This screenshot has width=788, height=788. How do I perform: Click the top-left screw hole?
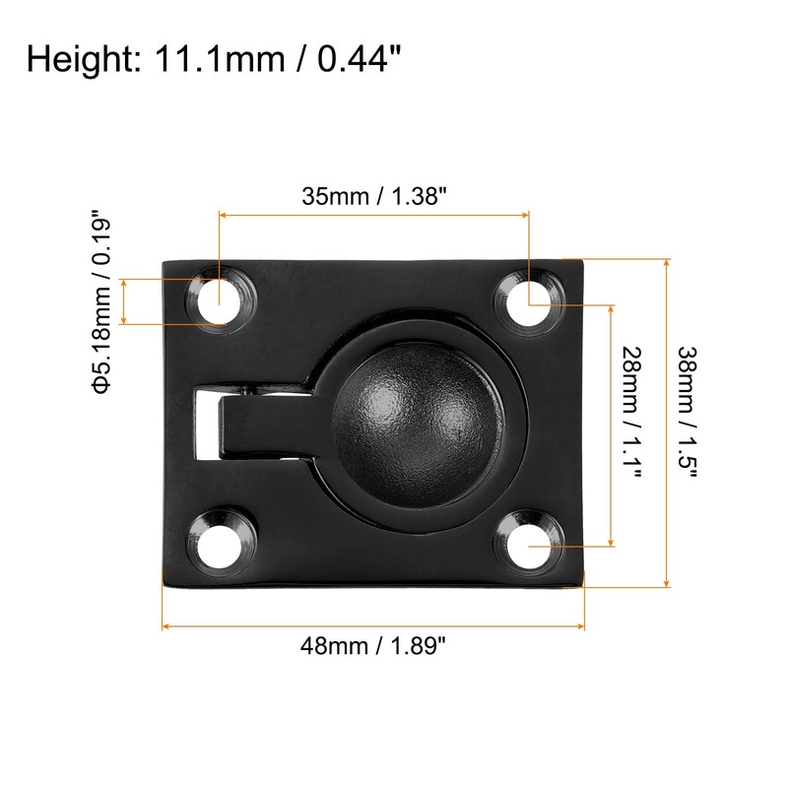pos(219,302)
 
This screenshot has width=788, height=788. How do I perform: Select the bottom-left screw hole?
pos(219,546)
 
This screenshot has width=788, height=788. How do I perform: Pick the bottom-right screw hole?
pos(529,546)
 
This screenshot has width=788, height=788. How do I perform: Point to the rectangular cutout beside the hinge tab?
pos(206,423)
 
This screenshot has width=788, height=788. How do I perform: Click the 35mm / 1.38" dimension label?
pos(374,196)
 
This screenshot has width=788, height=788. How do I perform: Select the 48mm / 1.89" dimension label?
pos(373,645)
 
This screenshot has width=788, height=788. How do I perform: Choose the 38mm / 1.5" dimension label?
pos(688,411)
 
